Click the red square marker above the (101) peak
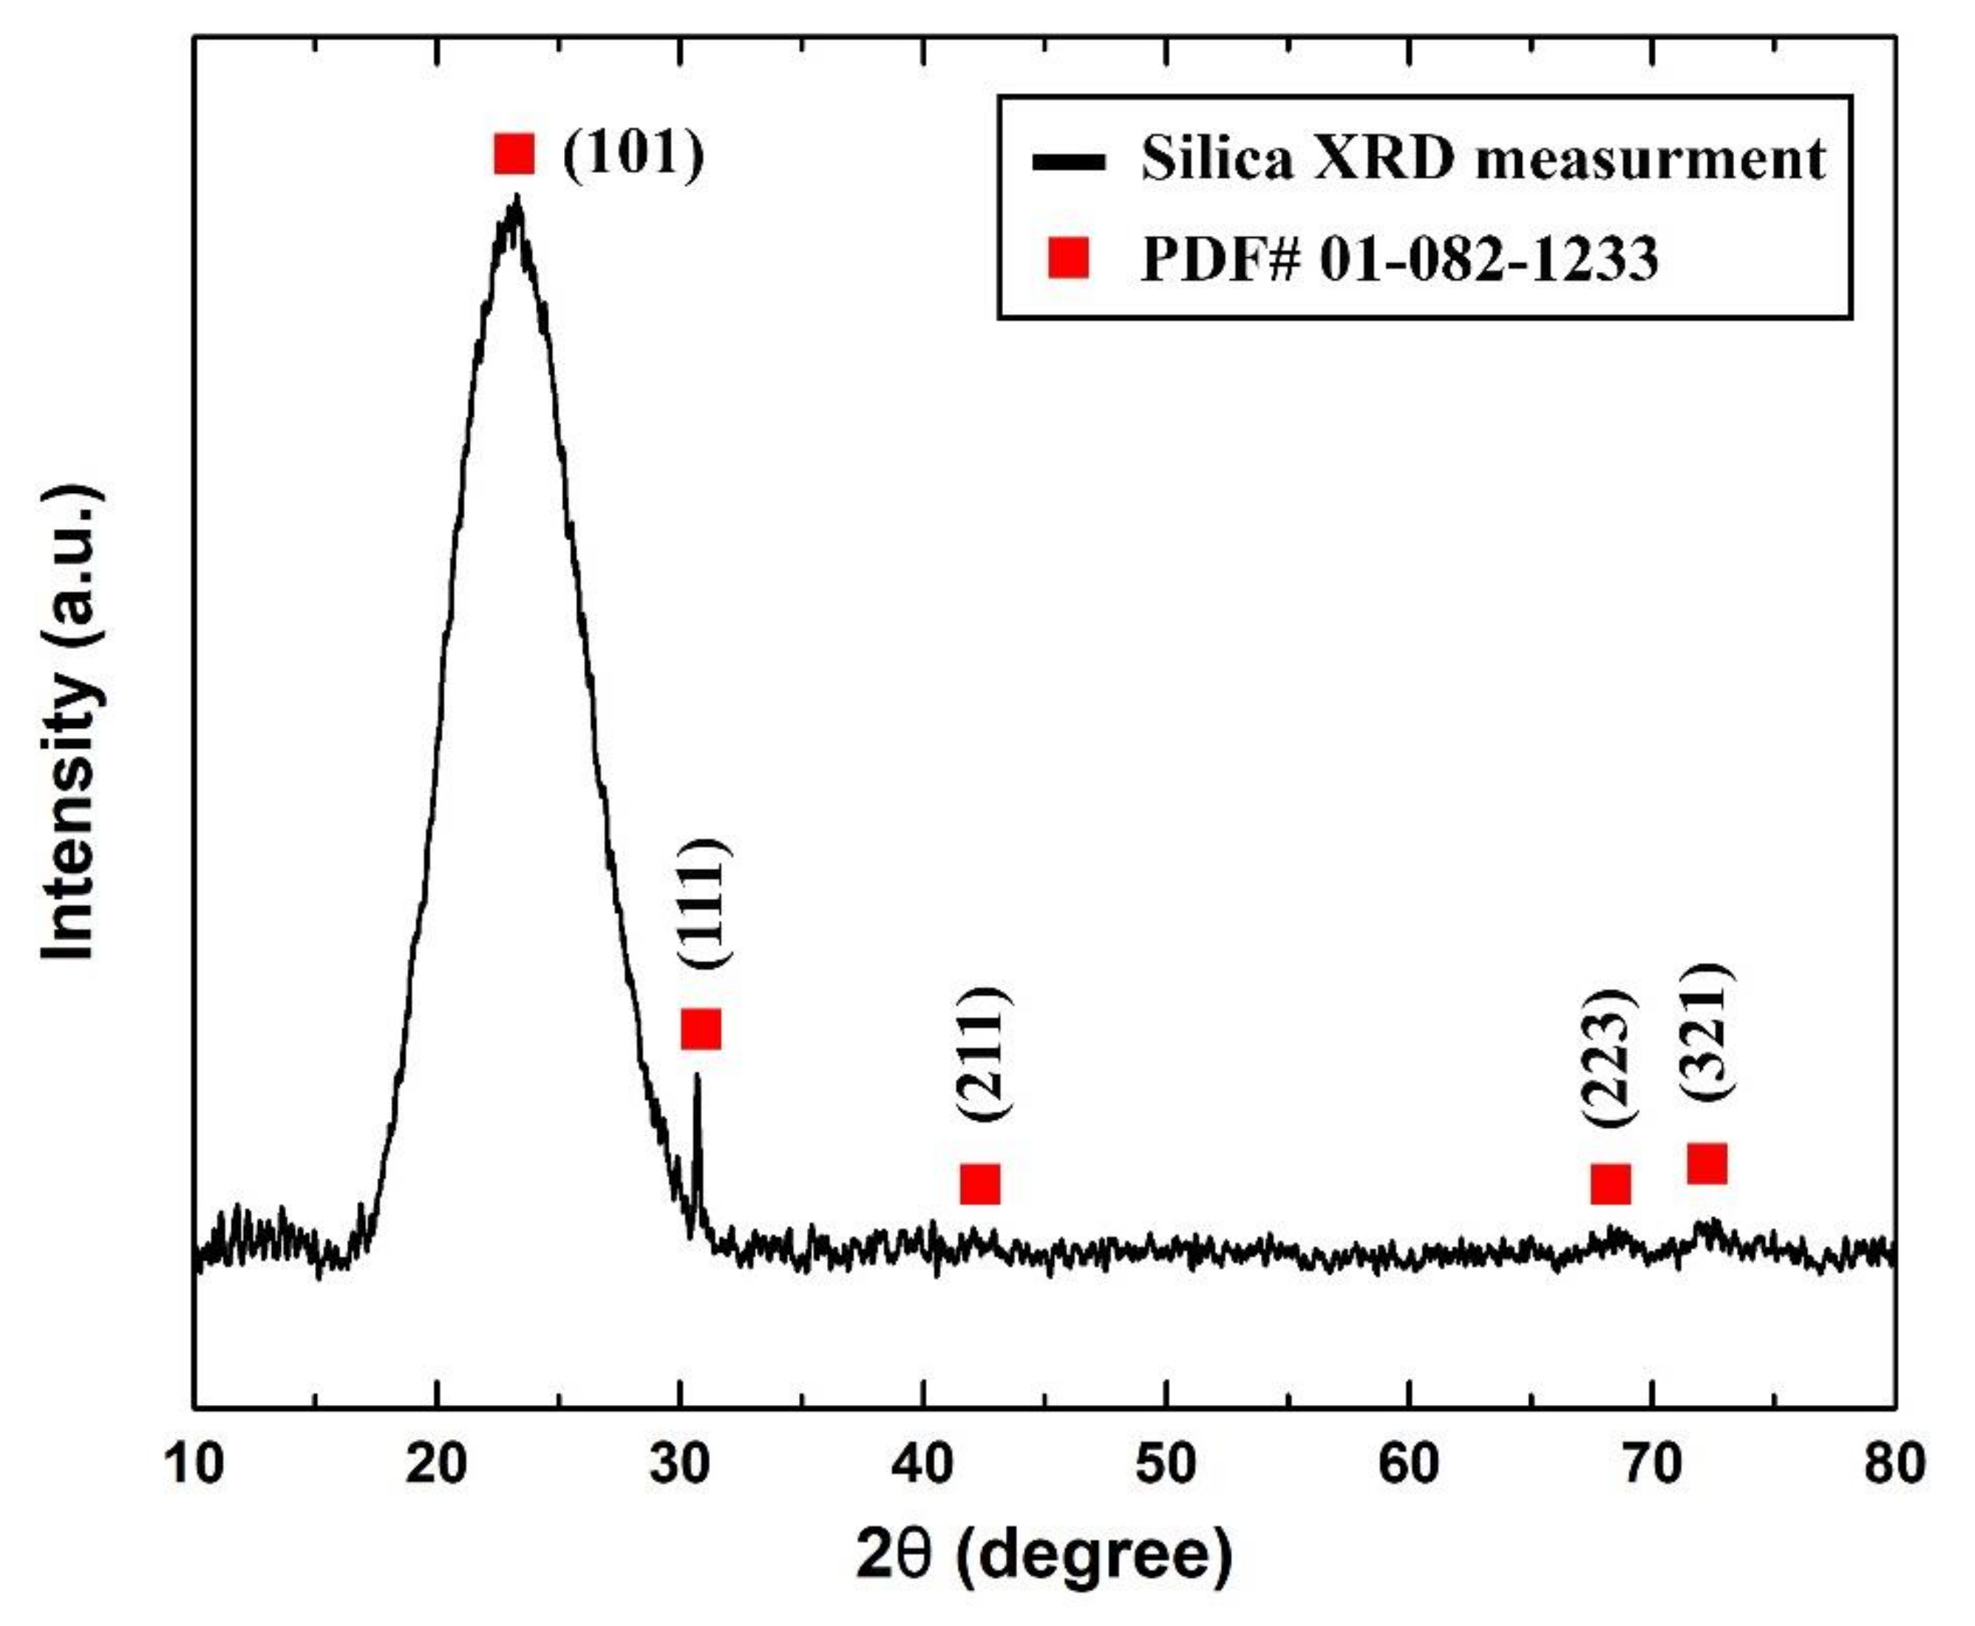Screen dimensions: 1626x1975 coord(514,154)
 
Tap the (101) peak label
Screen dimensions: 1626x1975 coord(633,153)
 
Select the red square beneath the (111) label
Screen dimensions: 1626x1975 coord(701,1030)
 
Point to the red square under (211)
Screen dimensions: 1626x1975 coord(979,1184)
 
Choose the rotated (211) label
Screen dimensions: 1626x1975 coord(983,1052)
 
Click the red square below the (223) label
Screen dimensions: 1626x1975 coord(1610,1184)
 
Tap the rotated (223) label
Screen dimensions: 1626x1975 coord(1610,1056)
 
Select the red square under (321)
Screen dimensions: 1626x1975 coord(1706,1163)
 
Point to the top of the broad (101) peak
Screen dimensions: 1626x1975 coord(516,199)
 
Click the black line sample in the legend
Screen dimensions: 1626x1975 coord(1069,162)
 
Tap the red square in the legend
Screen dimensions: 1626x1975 coord(1069,259)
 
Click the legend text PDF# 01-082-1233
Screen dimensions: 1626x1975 coord(1399,259)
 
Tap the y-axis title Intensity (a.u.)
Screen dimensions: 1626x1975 coord(70,723)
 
